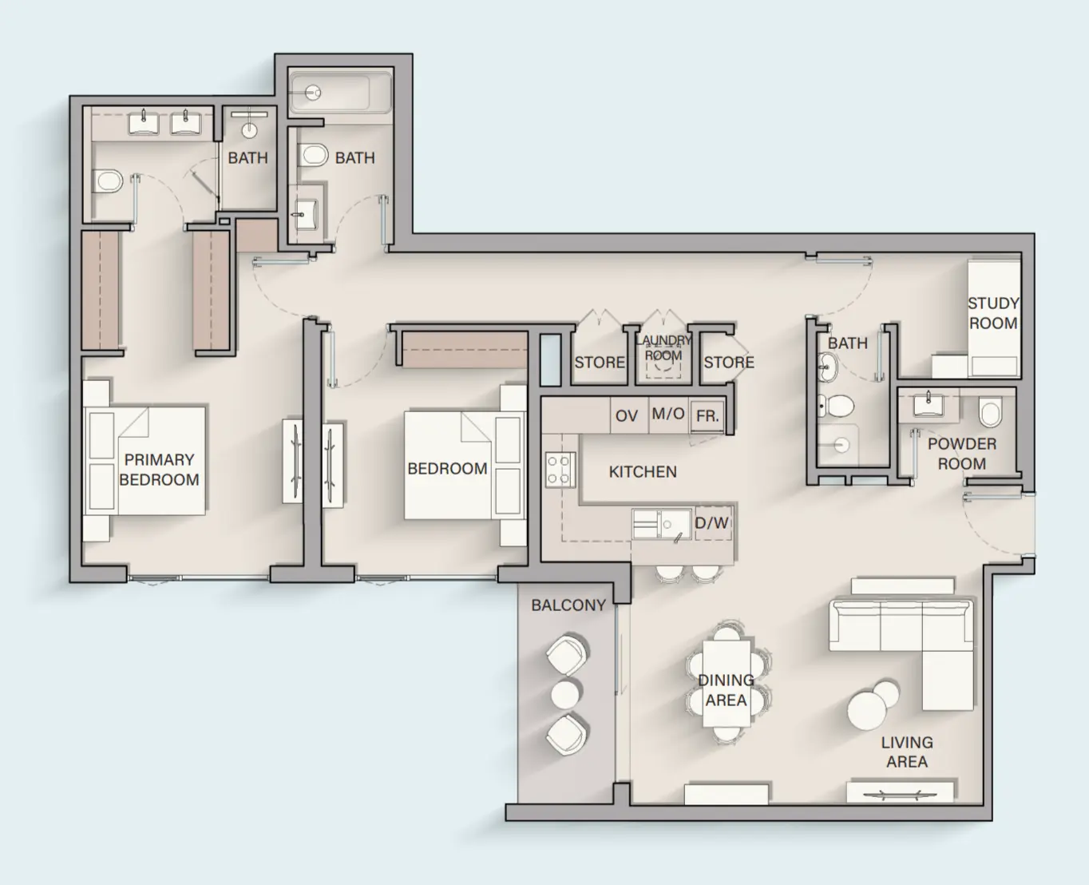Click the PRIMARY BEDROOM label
[159, 470]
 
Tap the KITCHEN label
[643, 472]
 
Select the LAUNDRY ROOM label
[663, 348]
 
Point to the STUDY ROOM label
[992, 313]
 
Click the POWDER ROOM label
[961, 454]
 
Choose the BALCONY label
[568, 605]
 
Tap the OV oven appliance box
[627, 416]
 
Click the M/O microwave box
[667, 414]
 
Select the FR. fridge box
[707, 416]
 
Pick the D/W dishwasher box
[711, 523]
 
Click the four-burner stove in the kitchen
[560, 470]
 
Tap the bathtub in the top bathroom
[330, 93]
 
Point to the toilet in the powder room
[990, 414]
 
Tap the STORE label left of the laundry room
[600, 363]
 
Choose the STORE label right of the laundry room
[728, 363]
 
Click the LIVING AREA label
[907, 752]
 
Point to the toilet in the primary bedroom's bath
[108, 181]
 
